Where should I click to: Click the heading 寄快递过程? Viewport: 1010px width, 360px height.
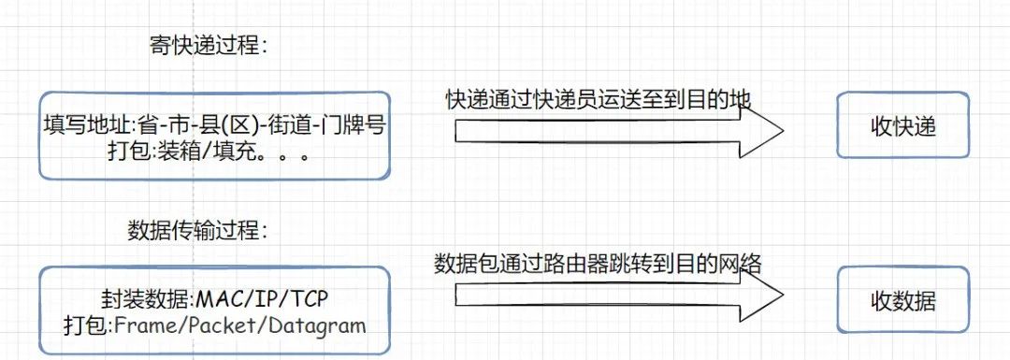(x=208, y=46)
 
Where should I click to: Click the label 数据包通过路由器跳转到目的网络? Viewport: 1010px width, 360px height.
(x=599, y=265)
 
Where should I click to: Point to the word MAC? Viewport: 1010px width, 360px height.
(x=217, y=299)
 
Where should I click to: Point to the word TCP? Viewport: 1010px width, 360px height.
(x=308, y=299)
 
